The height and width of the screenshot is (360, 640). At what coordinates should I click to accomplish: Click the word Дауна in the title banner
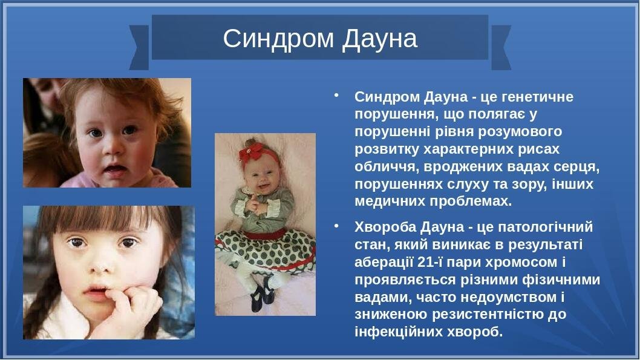380,39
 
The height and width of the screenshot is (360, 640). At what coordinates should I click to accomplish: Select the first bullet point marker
336,96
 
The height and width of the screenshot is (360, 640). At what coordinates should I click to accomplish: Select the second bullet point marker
336,226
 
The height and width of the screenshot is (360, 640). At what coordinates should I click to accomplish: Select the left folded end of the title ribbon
139,47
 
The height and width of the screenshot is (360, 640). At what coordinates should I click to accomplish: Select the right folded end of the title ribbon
501,47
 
